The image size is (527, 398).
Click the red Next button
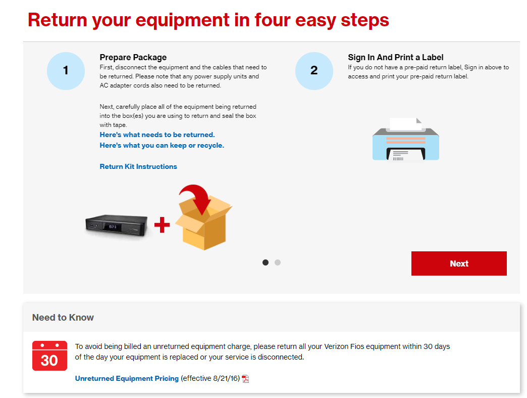pyautogui.click(x=459, y=263)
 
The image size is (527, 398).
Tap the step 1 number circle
pyautogui.click(x=66, y=71)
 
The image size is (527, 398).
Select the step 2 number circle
pyautogui.click(x=314, y=71)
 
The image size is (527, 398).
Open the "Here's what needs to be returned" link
pyautogui.click(x=157, y=135)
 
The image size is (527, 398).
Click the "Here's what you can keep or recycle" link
pyautogui.click(x=162, y=146)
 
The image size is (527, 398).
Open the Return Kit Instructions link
pyautogui.click(x=138, y=166)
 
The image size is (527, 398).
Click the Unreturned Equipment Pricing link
pyautogui.click(x=127, y=378)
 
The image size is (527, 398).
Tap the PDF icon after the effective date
pyautogui.click(x=246, y=379)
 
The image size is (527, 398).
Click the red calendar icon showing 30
pyautogui.click(x=50, y=356)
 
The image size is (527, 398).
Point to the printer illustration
pyautogui.click(x=406, y=140)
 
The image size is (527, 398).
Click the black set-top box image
pyautogui.click(x=117, y=225)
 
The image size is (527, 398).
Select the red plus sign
pyautogui.click(x=162, y=225)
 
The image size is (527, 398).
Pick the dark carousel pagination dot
pyautogui.click(x=266, y=262)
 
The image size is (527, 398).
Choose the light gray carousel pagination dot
pyautogui.click(x=278, y=262)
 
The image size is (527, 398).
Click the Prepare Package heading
pyautogui.click(x=133, y=57)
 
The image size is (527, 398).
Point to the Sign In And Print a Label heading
pyautogui.click(x=396, y=57)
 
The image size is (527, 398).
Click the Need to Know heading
pyautogui.click(x=63, y=317)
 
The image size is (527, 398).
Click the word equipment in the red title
pyautogui.click(x=183, y=21)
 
